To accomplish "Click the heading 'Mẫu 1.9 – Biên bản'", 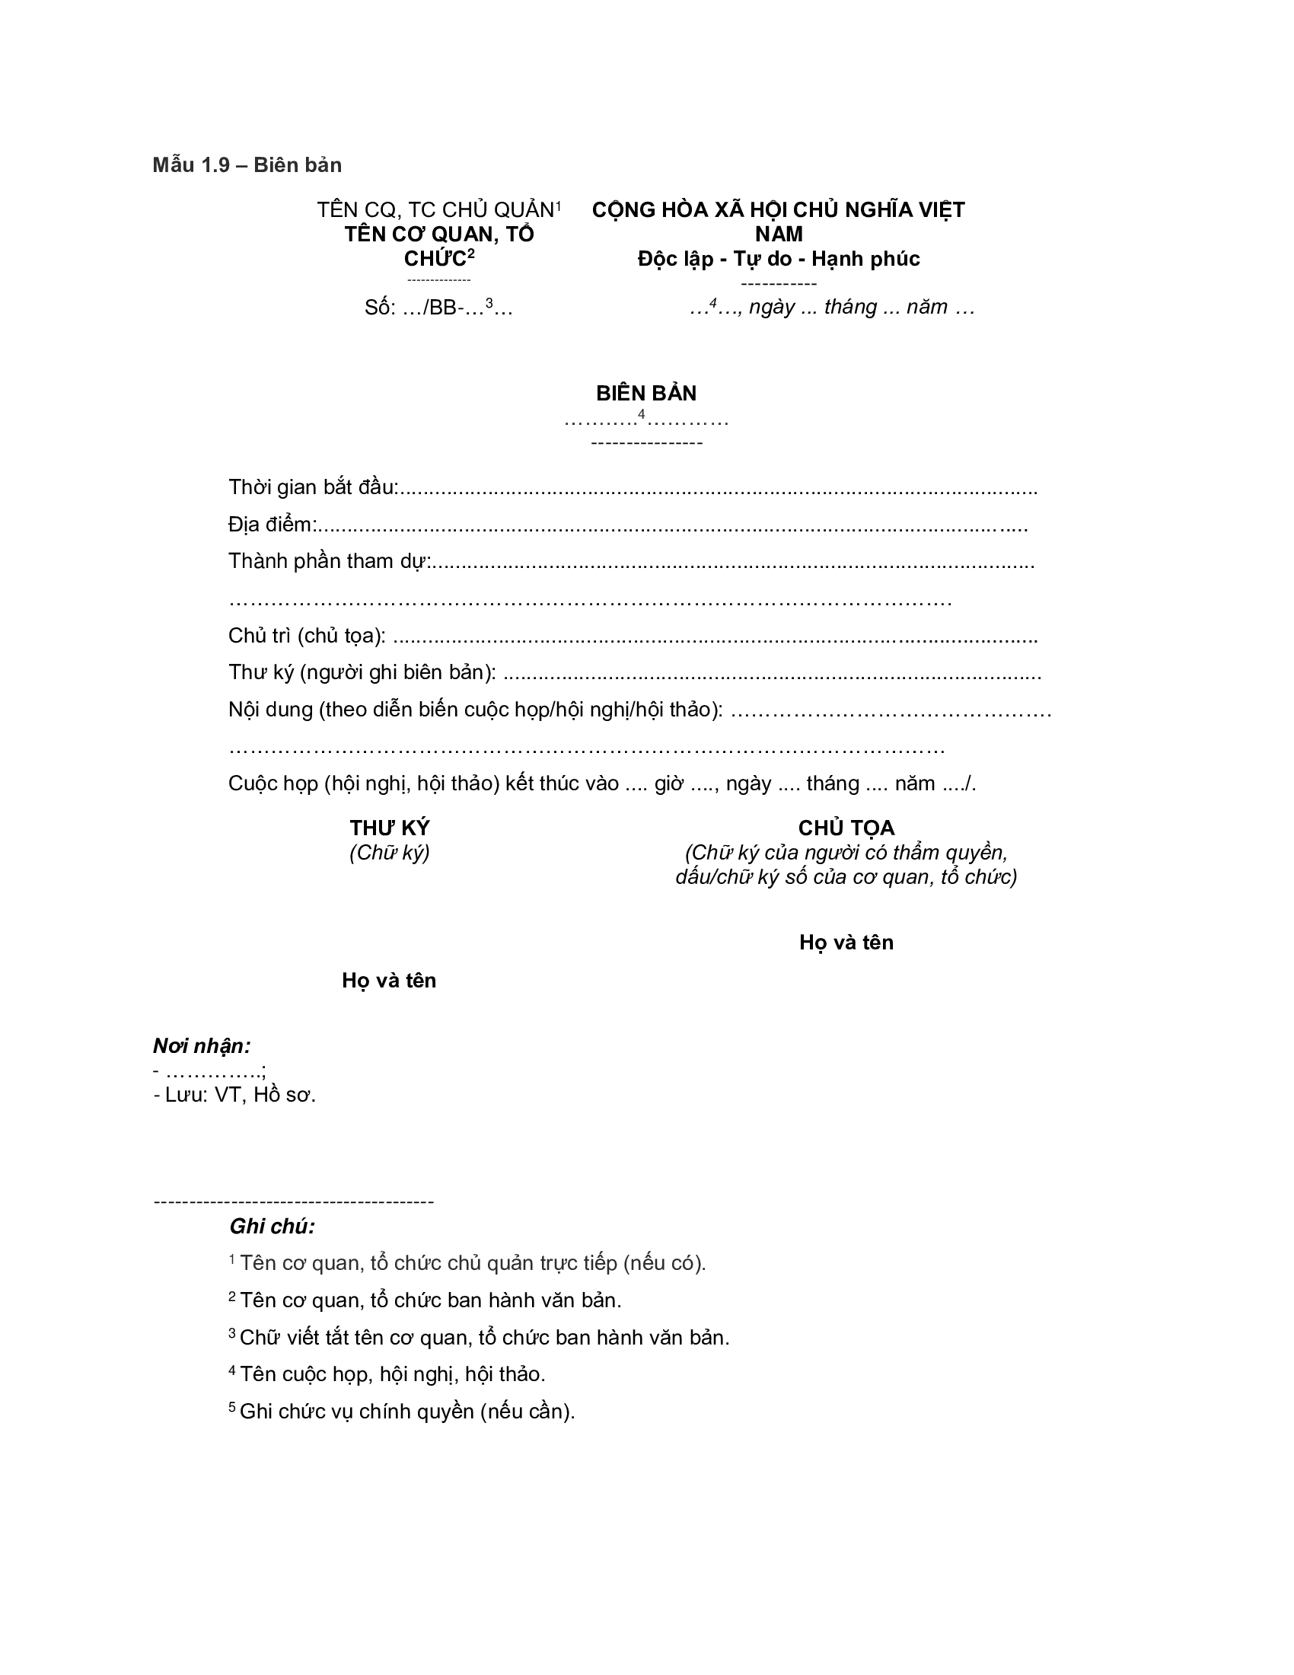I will [247, 165].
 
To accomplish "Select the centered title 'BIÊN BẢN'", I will [646, 394].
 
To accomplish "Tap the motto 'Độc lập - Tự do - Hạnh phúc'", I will [778, 259].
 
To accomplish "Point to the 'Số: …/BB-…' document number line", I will [438, 308].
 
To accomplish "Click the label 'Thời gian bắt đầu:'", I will [313, 487].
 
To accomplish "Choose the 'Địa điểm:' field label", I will [273, 525].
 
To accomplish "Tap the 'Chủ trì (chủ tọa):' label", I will [307, 636].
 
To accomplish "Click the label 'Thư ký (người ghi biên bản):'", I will [362, 672].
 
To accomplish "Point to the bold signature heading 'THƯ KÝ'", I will [390, 828].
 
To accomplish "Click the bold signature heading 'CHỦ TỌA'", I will [846, 828].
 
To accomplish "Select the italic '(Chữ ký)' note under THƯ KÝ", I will [390, 853].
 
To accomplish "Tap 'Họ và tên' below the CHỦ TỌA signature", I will [846, 943].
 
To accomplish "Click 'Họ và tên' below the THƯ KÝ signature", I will [389, 981].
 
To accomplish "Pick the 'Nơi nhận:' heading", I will [202, 1046].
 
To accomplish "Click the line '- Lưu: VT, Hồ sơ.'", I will [234, 1095].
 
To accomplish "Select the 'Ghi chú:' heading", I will [273, 1227].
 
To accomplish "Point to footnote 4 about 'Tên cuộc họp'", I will [391, 1374].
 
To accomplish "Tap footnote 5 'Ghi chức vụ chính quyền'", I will [406, 1412].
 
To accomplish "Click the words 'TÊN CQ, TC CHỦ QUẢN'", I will [435, 210].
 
